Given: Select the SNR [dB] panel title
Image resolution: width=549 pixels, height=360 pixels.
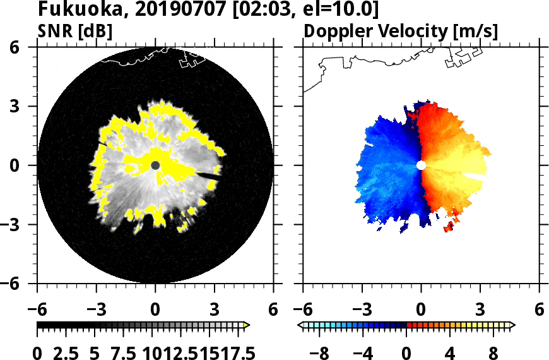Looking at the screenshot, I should pyautogui.click(x=75, y=30).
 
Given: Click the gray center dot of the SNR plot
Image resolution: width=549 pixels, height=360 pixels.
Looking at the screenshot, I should pyautogui.click(x=155, y=165).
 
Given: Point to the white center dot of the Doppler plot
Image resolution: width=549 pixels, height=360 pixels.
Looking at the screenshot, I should pyautogui.click(x=421, y=165).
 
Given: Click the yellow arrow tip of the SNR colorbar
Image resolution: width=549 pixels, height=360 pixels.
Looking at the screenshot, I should pyautogui.click(x=247, y=325).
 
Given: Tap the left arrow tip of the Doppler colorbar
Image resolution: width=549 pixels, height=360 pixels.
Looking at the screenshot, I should pyautogui.click(x=300, y=325).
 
